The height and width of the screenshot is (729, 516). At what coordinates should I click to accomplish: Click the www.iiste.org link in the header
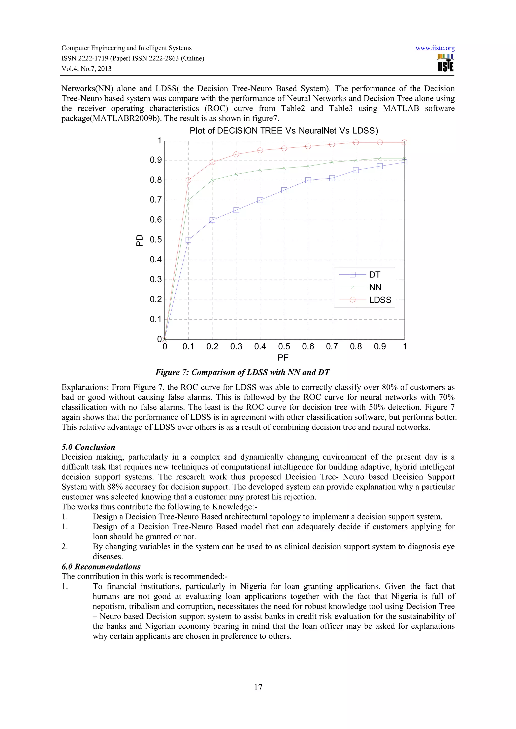coord(435,48)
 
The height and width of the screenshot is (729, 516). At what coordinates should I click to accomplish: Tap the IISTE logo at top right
coord(445,63)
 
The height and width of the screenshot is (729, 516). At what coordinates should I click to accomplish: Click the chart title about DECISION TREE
coord(284,131)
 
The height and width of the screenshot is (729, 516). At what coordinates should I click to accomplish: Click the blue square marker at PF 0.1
coord(188,240)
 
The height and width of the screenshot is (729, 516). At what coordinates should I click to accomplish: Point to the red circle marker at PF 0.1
coord(188,180)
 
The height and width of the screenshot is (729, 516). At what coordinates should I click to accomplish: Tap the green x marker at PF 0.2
coord(212,180)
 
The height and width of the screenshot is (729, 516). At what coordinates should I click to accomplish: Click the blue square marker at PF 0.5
coord(284,190)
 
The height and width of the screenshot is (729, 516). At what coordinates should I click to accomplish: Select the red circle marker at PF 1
coord(404,142)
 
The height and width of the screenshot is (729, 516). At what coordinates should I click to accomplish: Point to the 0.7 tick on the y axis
coord(156,200)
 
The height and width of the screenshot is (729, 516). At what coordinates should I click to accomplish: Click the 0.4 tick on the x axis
coord(260,347)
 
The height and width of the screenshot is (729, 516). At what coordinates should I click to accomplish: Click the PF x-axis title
coord(283,358)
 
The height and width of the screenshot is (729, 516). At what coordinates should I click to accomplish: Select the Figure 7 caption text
coord(242,373)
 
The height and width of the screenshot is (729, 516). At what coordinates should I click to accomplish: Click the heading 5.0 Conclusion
coord(88,447)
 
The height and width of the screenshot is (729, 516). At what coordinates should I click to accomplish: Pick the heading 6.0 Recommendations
coord(101,567)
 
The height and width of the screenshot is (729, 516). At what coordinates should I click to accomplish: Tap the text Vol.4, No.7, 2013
coord(86,69)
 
